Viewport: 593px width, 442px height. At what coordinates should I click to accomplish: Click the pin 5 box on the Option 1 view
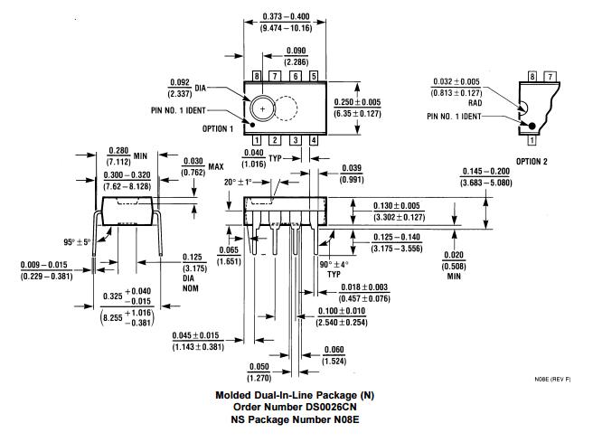(x=314, y=77)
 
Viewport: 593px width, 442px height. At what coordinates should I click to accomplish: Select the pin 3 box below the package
(x=295, y=140)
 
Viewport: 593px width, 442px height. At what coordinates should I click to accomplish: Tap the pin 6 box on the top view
(x=295, y=77)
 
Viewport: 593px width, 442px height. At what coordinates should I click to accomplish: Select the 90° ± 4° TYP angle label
(x=335, y=268)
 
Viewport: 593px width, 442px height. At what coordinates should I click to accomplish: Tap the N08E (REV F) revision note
(x=552, y=381)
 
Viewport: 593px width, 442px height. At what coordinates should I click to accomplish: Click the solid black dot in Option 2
(x=532, y=126)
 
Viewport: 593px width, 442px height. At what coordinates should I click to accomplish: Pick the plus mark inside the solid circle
(x=263, y=108)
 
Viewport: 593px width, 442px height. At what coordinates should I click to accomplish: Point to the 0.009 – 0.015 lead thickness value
(x=44, y=269)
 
